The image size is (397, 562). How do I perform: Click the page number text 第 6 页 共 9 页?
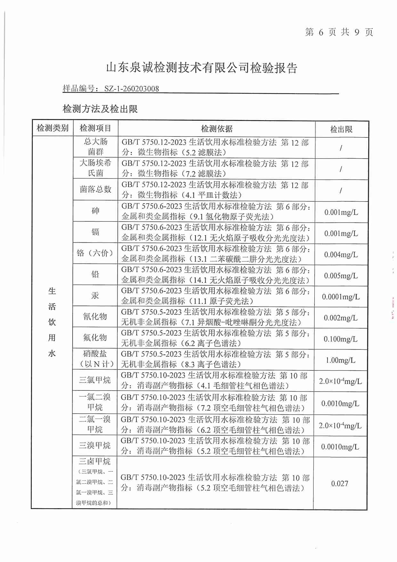pyautogui.click(x=339, y=32)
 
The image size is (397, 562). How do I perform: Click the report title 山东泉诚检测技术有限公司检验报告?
pyautogui.click(x=202, y=68)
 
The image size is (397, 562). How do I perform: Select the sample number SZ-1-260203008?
pyautogui.click(x=132, y=89)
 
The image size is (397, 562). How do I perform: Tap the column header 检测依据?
pyautogui.click(x=216, y=129)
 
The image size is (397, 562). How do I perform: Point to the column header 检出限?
pyautogui.click(x=341, y=129)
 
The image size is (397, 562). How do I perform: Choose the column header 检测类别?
pyautogui.click(x=53, y=128)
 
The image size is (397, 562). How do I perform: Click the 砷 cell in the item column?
pyautogui.click(x=95, y=211)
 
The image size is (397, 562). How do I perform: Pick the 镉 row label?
pyautogui.click(x=95, y=232)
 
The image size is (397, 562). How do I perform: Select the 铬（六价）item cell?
pyautogui.click(x=95, y=253)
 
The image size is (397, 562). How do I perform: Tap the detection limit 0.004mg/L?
pyautogui.click(x=341, y=255)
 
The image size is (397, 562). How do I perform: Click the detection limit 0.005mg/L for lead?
pyautogui.click(x=341, y=276)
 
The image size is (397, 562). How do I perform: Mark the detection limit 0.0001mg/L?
pyautogui.click(x=341, y=297)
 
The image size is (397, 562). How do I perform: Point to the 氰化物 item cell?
pyautogui.click(x=95, y=317)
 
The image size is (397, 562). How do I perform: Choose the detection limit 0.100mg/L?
pyautogui.click(x=341, y=339)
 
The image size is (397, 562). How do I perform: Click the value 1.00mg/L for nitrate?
pyautogui.click(x=341, y=360)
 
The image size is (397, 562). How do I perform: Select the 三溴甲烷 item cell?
pyautogui.click(x=95, y=445)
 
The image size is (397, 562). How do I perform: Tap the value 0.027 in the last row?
pyautogui.click(x=340, y=483)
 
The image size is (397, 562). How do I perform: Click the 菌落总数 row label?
pyautogui.click(x=95, y=189)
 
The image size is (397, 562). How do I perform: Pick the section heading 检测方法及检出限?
pyautogui.click(x=100, y=109)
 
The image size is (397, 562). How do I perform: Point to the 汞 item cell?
pyautogui.click(x=95, y=295)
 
